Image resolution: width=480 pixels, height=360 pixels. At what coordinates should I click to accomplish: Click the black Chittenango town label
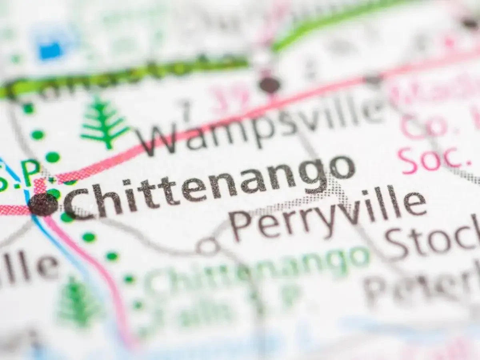208,184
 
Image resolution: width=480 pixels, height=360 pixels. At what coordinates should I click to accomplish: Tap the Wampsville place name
260,124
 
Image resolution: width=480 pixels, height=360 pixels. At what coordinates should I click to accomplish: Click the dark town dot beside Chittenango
43,204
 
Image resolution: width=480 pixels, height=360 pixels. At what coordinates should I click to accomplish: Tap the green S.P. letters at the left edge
20,174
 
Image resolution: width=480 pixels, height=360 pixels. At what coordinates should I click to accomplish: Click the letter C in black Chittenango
78,202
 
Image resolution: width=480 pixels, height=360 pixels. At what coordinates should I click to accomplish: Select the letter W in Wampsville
158,140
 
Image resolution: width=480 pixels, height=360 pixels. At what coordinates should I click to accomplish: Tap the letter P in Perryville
242,226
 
